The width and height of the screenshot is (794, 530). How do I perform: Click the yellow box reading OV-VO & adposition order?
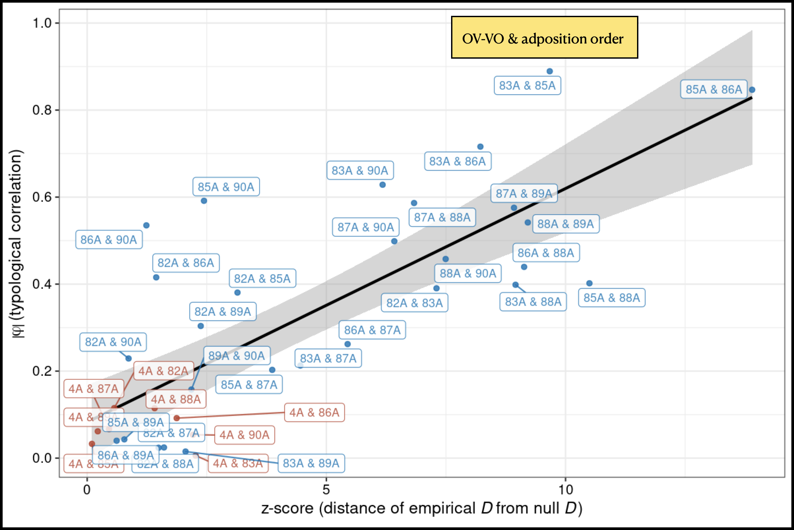point(544,37)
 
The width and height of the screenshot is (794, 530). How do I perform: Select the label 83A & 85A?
point(527,85)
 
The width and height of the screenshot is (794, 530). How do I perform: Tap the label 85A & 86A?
point(714,89)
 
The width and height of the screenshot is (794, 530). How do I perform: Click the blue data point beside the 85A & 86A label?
point(752,90)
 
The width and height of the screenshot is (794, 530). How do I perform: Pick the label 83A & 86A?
point(458,161)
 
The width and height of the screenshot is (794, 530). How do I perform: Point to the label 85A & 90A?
point(226,187)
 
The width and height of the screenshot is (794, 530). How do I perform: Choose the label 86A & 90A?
point(108,240)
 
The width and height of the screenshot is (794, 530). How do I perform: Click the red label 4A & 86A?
point(314,412)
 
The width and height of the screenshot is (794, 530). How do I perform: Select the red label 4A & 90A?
point(244,435)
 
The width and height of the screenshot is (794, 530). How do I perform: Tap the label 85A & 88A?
point(612,297)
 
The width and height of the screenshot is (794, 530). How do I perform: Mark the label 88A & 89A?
point(566,224)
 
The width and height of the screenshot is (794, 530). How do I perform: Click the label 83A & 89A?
point(311,463)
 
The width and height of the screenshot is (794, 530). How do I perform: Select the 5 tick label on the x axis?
point(326,489)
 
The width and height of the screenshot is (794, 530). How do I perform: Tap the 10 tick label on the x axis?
point(565,489)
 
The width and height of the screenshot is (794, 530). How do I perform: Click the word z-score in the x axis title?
point(287,508)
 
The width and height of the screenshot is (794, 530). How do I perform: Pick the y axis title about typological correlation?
point(16,243)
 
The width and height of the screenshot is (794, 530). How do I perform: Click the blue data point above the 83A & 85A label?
point(550,71)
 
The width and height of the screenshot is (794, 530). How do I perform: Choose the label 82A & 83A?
point(414,303)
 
